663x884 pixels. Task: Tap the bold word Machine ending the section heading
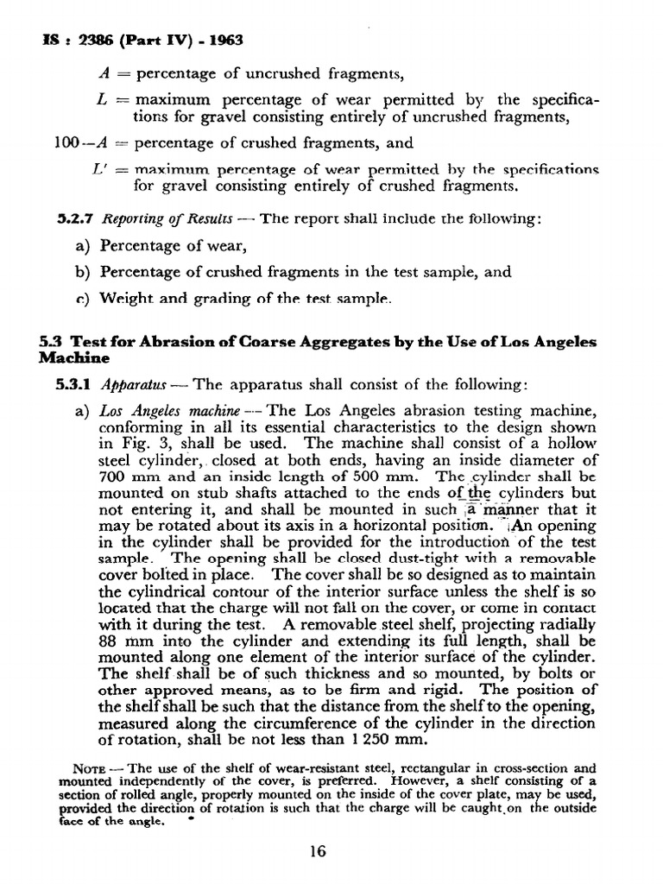pyautogui.click(x=73, y=357)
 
